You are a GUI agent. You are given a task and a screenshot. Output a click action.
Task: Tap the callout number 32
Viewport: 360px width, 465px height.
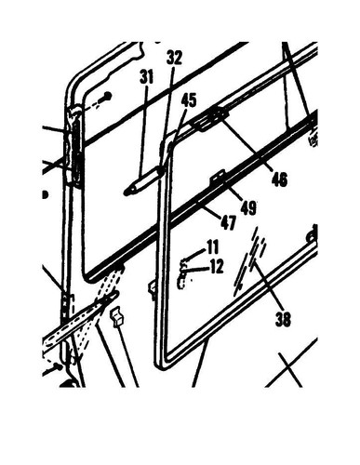tap(174, 57)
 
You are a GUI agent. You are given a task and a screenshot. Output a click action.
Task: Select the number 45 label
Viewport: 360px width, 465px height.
tap(189, 100)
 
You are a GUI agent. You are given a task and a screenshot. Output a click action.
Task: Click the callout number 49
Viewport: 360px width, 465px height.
tap(248, 207)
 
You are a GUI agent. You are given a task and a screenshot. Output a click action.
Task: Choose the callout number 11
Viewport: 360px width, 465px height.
tap(213, 247)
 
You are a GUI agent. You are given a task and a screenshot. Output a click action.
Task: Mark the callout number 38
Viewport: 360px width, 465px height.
tap(283, 319)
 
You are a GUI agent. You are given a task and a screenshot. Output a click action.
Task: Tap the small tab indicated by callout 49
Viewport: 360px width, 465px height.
tap(220, 175)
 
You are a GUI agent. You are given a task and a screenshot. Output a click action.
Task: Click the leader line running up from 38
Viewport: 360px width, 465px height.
tap(267, 288)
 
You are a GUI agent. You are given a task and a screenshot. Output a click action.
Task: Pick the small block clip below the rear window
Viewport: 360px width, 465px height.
tap(117, 318)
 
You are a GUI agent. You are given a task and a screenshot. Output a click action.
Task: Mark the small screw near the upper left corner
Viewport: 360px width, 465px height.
tap(109, 95)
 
